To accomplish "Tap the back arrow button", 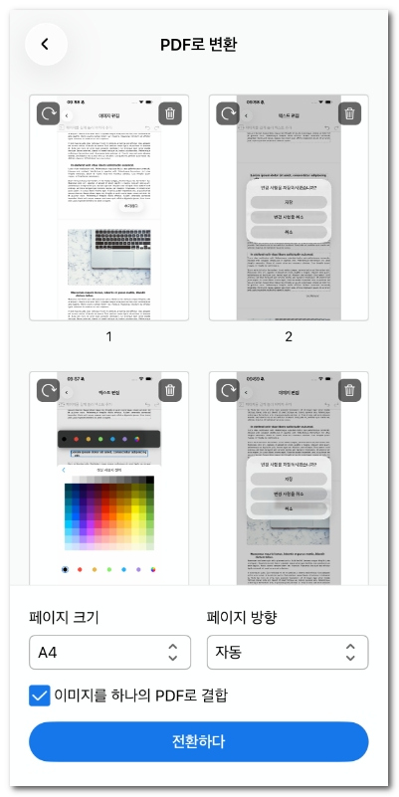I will pos(46,44).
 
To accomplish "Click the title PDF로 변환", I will pos(199,45).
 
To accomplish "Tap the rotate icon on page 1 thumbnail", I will pos(49,113).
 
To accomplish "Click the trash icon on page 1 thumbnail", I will pos(170,113).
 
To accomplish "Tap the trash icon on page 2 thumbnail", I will pos(349,113).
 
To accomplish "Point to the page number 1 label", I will pos(109,336).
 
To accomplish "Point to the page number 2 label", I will pos(289,336).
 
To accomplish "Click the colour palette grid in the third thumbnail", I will pos(109,512).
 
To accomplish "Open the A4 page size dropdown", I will pos(109,653).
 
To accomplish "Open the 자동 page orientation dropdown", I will pos(288,653).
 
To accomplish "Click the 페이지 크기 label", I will pos(71,617).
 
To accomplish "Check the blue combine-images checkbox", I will pos(40,695).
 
